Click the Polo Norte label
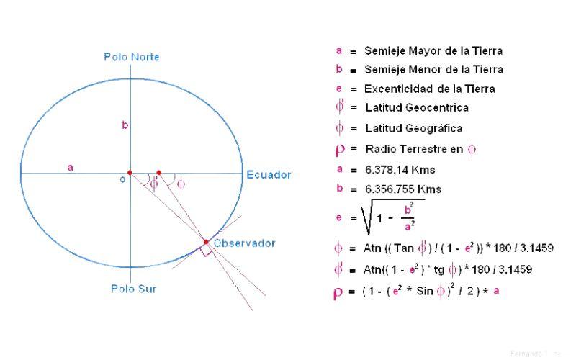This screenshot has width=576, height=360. [132, 57]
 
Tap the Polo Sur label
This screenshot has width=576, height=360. [134, 289]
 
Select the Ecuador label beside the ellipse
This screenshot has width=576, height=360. [269, 175]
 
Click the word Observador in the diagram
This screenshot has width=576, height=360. [245, 243]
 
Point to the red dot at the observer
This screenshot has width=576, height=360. [206, 242]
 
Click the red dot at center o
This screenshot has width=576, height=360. [130, 173]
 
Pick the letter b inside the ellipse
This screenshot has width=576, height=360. [125, 125]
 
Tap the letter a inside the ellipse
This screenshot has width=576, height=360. [71, 167]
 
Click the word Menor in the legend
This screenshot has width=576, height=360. [426, 70]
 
